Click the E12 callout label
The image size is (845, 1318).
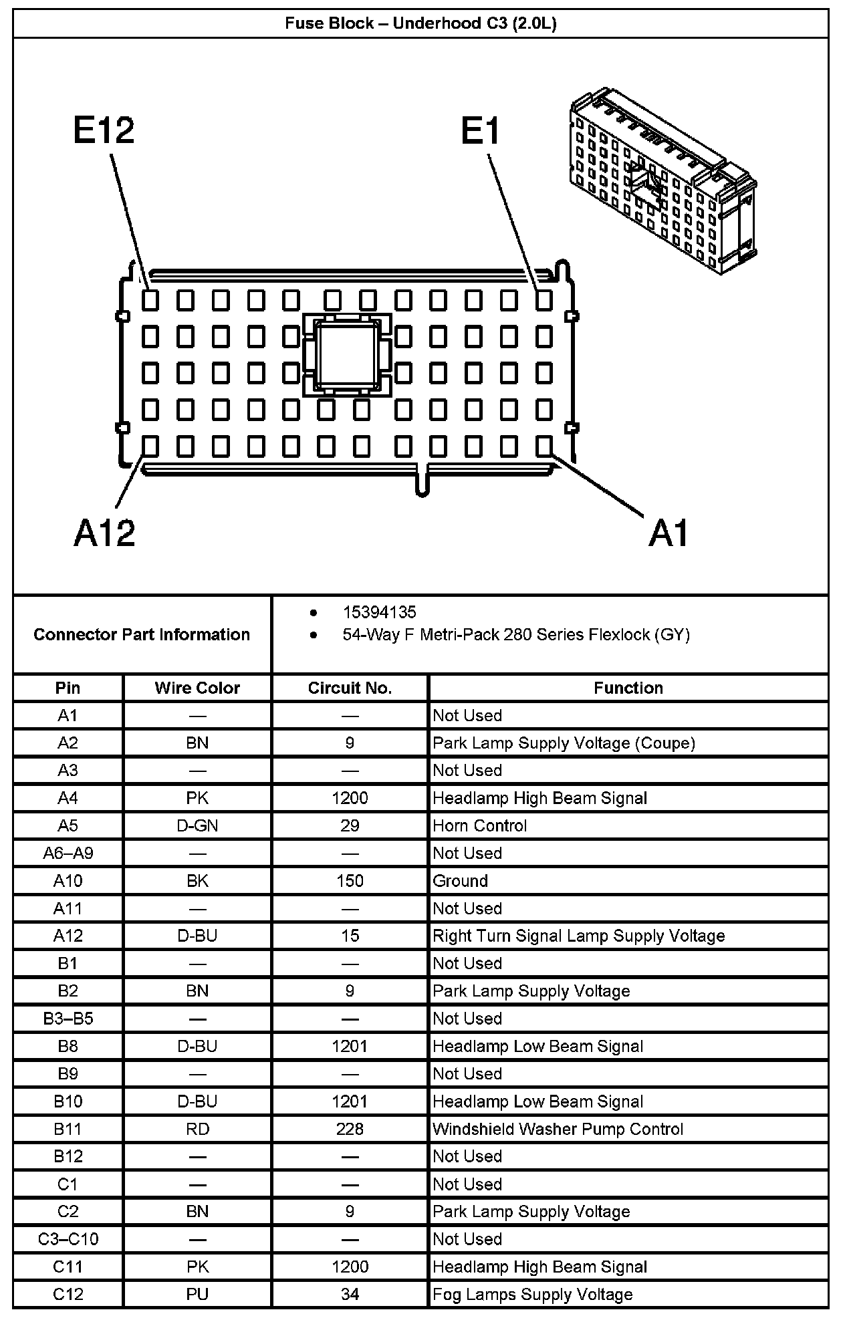click(x=104, y=130)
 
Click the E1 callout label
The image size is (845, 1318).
click(x=480, y=130)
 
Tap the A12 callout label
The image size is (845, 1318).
click(x=104, y=533)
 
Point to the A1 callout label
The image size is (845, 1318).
click(x=669, y=533)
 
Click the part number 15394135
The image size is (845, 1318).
click(x=379, y=612)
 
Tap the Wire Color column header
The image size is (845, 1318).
click(x=197, y=688)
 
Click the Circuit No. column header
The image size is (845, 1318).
click(x=350, y=688)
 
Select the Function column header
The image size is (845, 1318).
click(x=628, y=688)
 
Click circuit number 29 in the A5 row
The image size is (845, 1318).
click(x=350, y=825)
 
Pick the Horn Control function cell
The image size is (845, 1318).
click(x=480, y=825)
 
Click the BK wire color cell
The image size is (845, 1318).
click(x=197, y=881)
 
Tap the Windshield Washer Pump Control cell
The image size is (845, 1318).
click(x=558, y=1129)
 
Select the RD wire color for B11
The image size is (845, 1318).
click(x=197, y=1129)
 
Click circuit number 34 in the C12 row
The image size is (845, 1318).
click(x=350, y=1295)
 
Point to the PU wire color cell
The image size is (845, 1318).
click(x=197, y=1295)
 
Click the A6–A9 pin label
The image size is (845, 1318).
click(x=68, y=853)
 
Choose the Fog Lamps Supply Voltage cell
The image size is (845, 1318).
click(x=532, y=1295)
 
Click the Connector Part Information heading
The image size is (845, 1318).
click(x=142, y=634)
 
